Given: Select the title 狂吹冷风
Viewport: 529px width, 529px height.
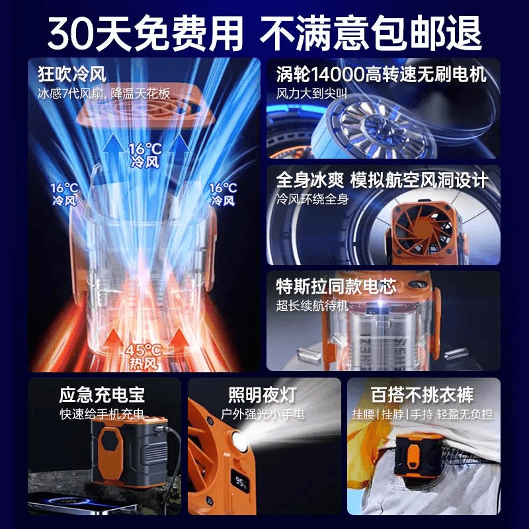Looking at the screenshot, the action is pyautogui.click(x=72, y=74).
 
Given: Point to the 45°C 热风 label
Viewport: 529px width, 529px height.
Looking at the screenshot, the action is pyautogui.click(x=143, y=356).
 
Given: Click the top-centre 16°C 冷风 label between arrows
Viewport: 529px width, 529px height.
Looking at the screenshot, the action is pyautogui.click(x=145, y=155).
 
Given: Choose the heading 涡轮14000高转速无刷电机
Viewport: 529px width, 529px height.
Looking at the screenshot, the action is pyautogui.click(x=382, y=74).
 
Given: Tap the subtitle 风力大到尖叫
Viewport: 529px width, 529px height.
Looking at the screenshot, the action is pyautogui.click(x=311, y=93).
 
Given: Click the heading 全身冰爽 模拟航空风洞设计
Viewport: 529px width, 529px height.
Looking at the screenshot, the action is pyautogui.click(x=382, y=180).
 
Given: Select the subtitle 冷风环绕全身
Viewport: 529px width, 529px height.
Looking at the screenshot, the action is pyautogui.click(x=312, y=199).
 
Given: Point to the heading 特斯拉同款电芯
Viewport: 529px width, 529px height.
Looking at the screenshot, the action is pyautogui.click(x=336, y=286).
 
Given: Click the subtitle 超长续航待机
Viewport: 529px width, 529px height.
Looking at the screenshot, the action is pyautogui.click(x=312, y=305).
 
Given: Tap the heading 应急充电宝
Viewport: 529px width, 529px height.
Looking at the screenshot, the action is pyautogui.click(x=102, y=395).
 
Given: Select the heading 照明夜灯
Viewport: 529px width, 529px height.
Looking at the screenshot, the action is pyautogui.click(x=263, y=395).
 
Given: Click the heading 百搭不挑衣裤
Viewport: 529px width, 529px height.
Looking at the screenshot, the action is pyautogui.click(x=423, y=395).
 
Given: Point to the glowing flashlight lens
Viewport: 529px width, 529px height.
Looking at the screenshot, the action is pyautogui.click(x=239, y=442).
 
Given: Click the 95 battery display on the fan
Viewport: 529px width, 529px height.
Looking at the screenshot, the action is pyautogui.click(x=241, y=483).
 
